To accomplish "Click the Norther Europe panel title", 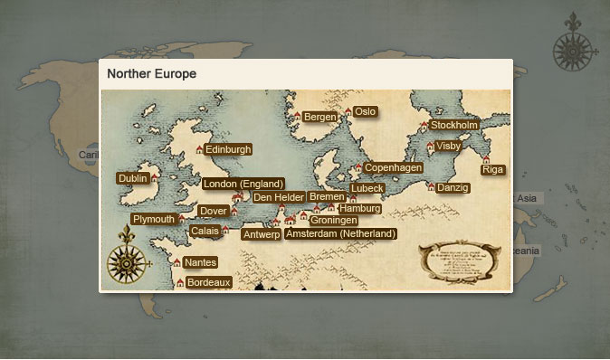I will tap(152, 73).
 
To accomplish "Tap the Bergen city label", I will tap(319, 117).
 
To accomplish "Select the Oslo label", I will tap(365, 111).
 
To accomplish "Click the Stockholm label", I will tap(454, 125).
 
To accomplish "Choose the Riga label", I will tap(493, 170).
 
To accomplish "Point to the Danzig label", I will tap(453, 188).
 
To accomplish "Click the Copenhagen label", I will tap(394, 168).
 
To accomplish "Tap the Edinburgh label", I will tap(228, 149).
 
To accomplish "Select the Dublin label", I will tap(132, 179).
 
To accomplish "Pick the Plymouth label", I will tap(153, 219).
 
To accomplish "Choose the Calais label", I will tap(204, 231).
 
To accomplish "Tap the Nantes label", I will tap(199, 262).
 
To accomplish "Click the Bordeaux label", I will tap(209, 282).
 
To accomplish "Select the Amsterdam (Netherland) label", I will tap(340, 233).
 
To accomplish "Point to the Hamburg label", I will tap(359, 209).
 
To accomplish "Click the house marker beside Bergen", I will tap(297, 116).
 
